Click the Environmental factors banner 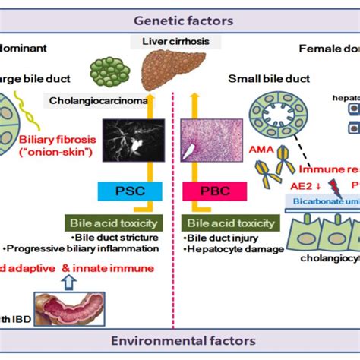tap(179, 341)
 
